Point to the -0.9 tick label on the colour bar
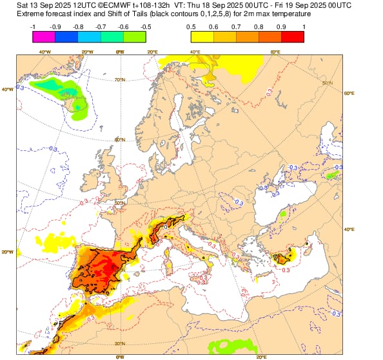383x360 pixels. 55,26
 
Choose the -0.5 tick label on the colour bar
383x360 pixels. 146,26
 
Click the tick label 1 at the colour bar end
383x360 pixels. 304,26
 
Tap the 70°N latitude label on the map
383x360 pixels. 119,80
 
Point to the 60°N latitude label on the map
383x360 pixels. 119,140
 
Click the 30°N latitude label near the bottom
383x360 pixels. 119,343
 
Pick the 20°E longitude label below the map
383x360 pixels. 261,356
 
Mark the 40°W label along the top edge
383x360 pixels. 45,52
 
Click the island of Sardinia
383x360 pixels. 170,265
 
